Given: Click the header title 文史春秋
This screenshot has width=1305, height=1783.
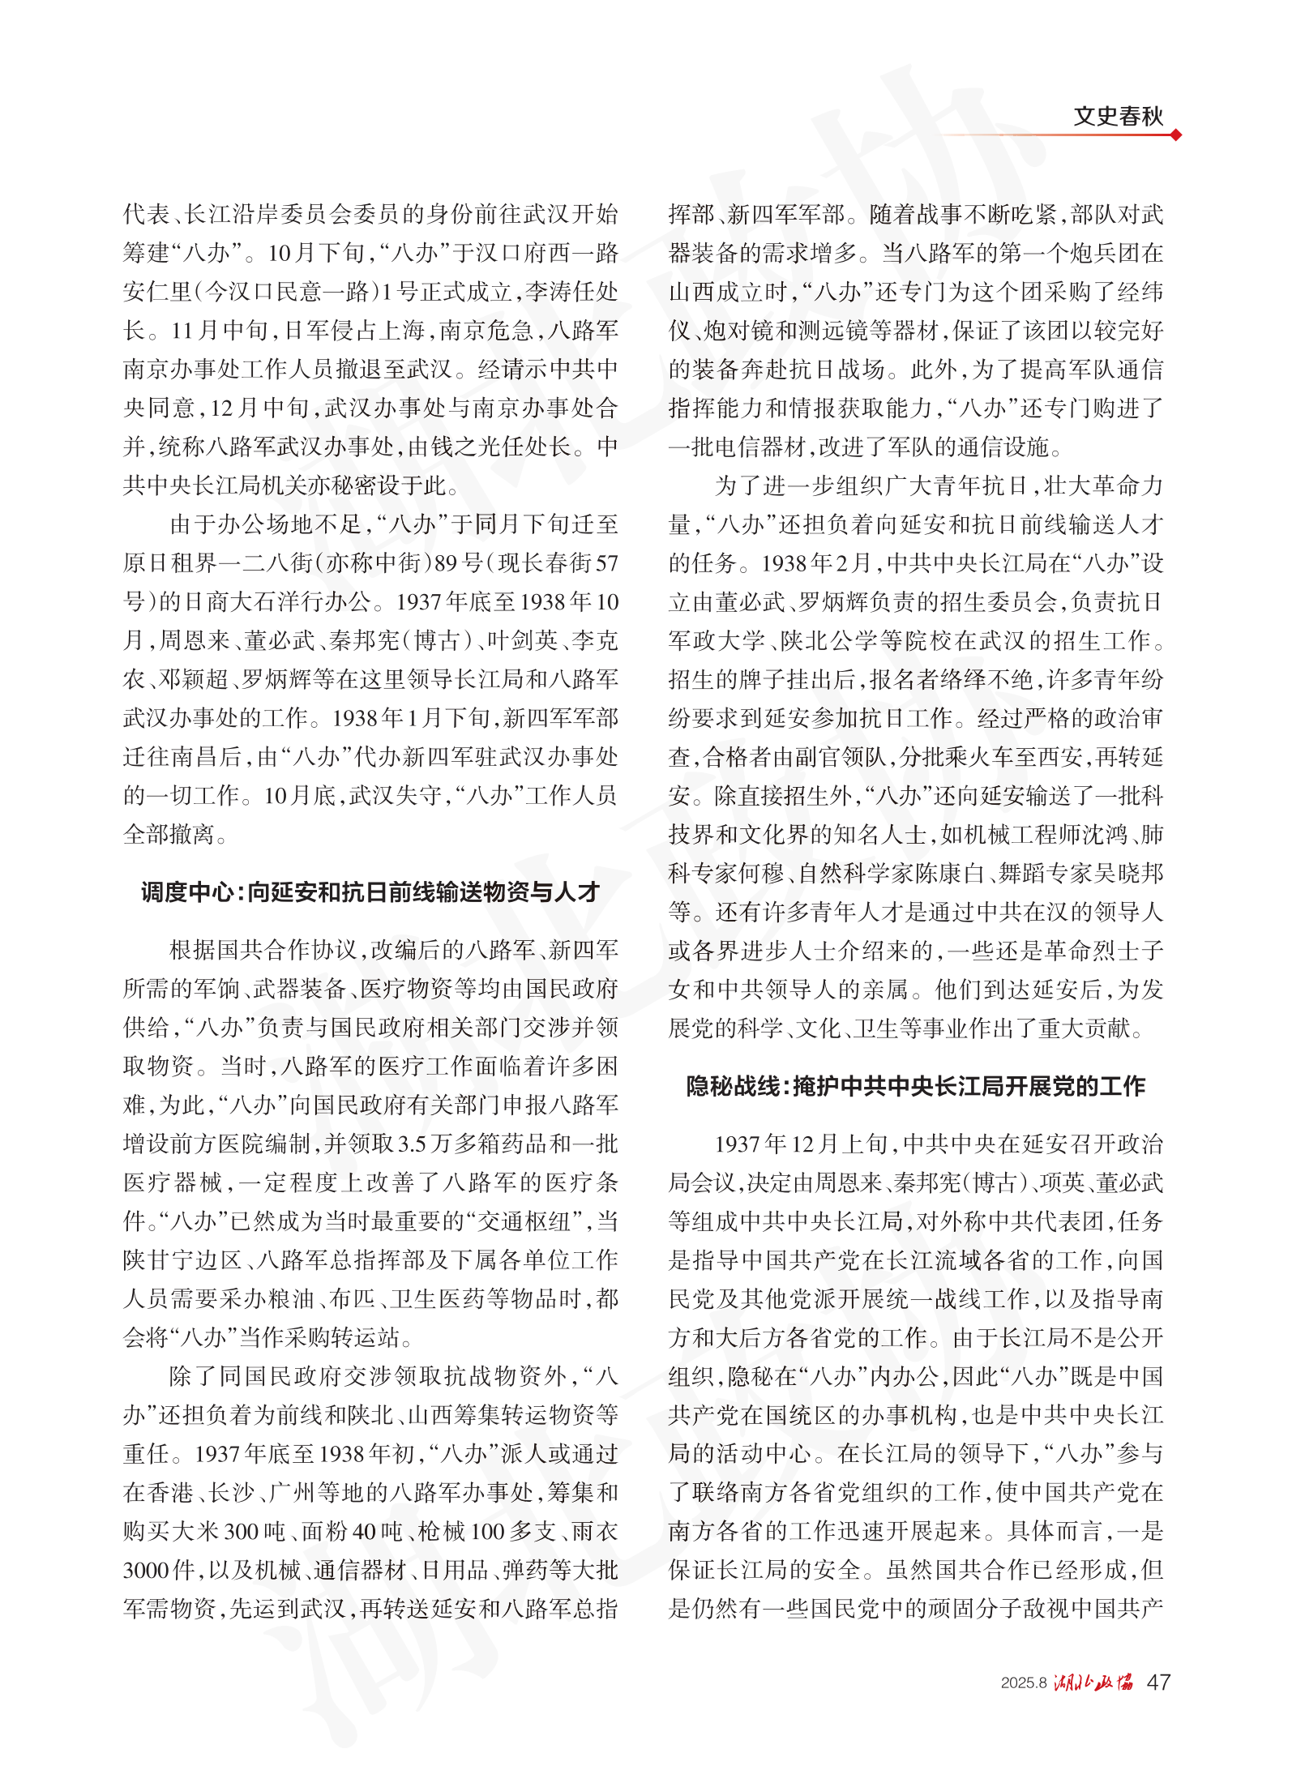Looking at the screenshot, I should click(1118, 117).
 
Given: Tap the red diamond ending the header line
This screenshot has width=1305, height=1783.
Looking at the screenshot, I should click(1176, 135).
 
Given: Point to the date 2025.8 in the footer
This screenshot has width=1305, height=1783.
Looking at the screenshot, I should click(1024, 1683).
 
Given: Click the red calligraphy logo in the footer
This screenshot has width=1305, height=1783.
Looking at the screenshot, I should click(1093, 1683).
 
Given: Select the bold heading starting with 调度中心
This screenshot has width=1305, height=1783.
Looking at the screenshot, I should click(370, 892).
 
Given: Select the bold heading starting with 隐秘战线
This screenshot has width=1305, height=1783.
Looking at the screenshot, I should click(915, 1086).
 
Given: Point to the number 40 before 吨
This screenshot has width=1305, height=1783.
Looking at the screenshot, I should click(363, 1531).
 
